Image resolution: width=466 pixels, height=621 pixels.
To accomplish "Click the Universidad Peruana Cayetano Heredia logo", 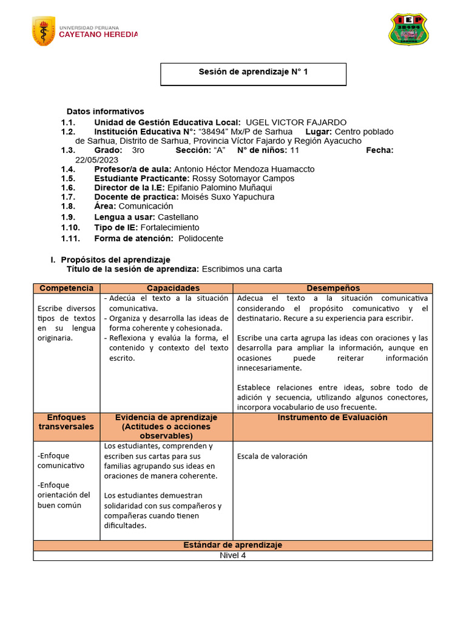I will coord(84,32).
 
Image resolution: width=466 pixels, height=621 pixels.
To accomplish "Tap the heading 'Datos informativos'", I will coord(106,112).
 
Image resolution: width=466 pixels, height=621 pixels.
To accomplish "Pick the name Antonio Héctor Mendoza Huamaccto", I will coord(244,169).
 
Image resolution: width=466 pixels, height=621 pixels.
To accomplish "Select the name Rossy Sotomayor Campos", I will coord(243,179).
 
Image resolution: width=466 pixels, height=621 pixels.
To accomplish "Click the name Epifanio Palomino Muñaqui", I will coord(224,188).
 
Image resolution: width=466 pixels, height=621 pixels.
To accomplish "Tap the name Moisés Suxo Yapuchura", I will coord(228,197).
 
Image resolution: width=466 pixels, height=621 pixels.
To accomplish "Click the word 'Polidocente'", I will coord(201,238).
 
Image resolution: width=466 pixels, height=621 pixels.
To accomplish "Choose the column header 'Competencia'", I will coord(66,289).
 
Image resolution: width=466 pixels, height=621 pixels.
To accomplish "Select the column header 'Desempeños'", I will coord(333,289).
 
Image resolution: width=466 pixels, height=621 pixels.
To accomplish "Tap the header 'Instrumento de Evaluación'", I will coord(333,418).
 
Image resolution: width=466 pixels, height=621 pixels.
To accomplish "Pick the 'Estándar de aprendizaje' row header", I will coord(232,545).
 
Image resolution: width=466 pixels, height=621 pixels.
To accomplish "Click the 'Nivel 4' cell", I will coord(232,556).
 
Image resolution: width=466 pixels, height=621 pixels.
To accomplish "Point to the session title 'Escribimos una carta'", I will coord(241,269).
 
